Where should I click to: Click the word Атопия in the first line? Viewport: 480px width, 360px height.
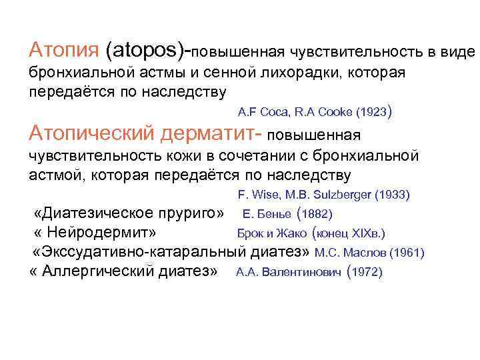click(x=64, y=49)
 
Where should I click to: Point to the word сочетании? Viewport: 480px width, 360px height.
click(x=254, y=157)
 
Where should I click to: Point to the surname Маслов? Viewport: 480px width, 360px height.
click(x=367, y=253)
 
